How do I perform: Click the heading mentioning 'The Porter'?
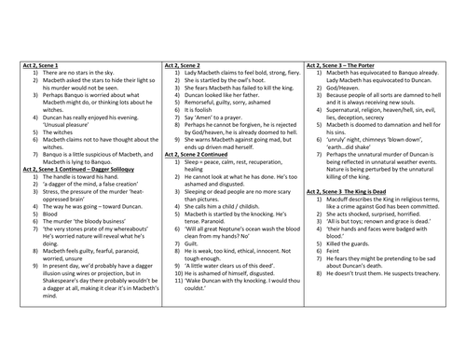pyautogui.click(x=352, y=65)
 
